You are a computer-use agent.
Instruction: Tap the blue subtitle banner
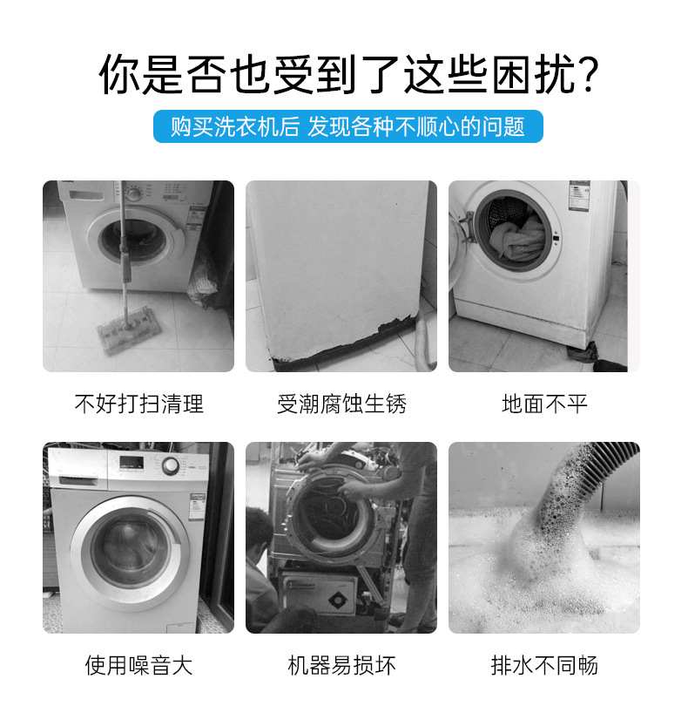pos(347,127)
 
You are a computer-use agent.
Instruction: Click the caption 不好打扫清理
pos(138,404)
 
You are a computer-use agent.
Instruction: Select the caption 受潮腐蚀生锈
pos(341,404)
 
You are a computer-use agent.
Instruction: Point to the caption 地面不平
pos(544,404)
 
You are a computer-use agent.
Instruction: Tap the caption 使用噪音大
pos(138,666)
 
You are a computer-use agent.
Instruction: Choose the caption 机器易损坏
pos(341,666)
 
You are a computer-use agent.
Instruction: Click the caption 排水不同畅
pos(544,666)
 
